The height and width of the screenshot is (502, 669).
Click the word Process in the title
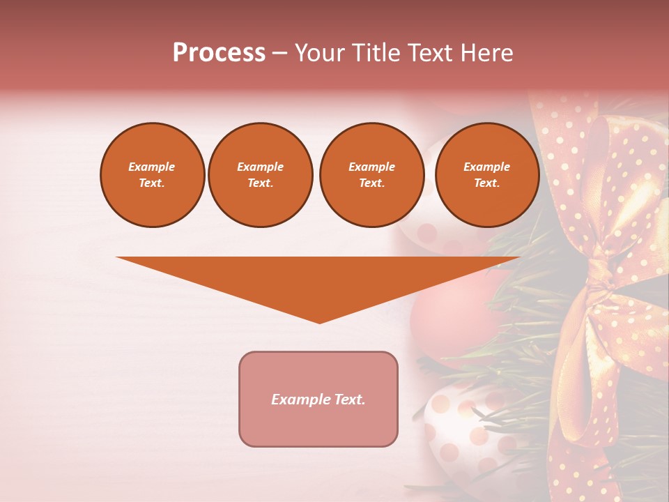point(219,53)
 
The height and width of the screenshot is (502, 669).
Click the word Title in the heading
point(372,53)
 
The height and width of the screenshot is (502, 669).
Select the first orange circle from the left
point(153,175)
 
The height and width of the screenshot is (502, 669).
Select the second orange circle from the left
point(261,175)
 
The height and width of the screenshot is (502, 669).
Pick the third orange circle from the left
point(371,175)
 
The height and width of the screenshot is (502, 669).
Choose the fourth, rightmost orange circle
point(487,175)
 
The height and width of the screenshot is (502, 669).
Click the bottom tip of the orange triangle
point(319,321)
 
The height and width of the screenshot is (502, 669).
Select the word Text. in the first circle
point(152,183)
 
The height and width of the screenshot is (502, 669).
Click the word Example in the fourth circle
point(487,167)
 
